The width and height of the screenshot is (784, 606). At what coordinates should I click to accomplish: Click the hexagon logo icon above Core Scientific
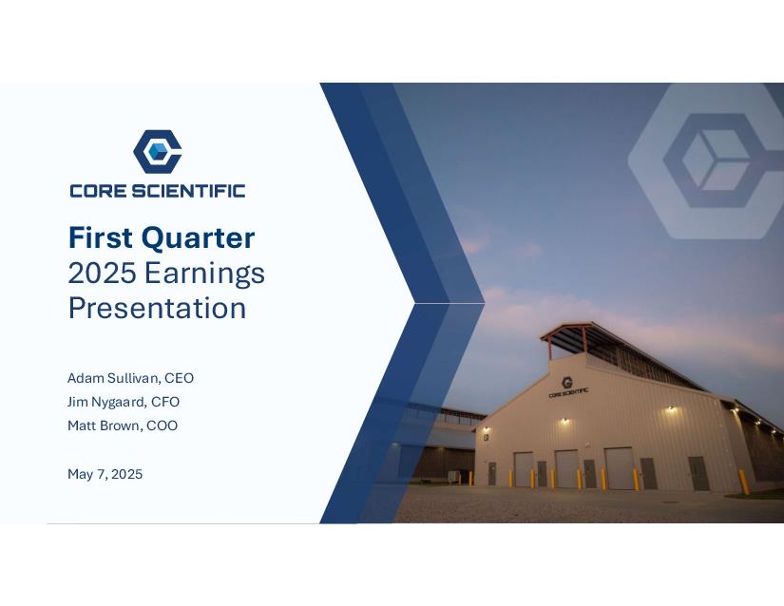point(157,151)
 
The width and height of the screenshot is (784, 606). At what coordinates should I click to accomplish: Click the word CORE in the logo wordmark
point(100,191)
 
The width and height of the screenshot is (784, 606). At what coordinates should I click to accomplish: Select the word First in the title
point(101,237)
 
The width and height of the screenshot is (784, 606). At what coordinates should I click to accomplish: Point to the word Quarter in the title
point(198,237)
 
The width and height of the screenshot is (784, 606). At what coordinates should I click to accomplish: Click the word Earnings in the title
point(204,274)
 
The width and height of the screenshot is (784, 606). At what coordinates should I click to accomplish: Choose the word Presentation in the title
point(157,308)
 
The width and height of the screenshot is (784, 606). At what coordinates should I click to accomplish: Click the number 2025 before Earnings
point(102,273)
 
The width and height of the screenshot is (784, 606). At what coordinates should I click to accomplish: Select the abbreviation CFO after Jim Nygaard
point(165,402)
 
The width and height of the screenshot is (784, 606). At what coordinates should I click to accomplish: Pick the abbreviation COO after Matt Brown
point(162,426)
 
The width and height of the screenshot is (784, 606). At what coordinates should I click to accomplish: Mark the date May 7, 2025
point(105,474)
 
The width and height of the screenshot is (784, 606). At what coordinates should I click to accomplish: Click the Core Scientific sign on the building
point(568,388)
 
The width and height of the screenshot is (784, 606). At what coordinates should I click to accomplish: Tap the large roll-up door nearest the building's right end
point(620,468)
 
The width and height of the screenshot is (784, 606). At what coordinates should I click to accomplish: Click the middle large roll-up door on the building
point(567,468)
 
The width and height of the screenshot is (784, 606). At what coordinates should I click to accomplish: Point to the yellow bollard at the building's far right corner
point(744,483)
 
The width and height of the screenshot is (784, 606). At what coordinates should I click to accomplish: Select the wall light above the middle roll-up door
point(564,421)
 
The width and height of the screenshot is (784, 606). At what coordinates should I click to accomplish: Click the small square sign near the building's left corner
point(486,437)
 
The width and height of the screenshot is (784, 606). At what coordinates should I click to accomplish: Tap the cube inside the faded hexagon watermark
point(715,160)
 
